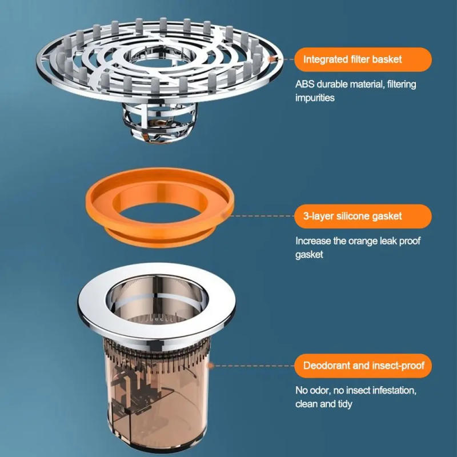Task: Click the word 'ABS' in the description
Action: coord(304,85)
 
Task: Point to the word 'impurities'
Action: coord(315,98)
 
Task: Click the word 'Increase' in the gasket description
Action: coord(312,241)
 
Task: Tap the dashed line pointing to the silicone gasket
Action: coord(263,216)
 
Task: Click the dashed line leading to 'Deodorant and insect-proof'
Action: coord(251,365)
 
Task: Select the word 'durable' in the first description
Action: coord(339,85)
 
